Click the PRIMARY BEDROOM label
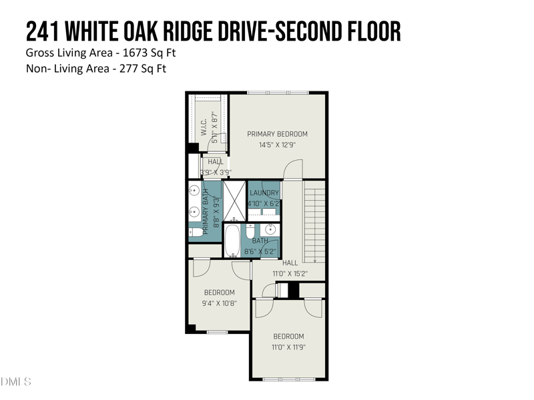[277, 134]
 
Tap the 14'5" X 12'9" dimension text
[277, 145]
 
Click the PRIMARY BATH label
[206, 209]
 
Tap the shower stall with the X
[234, 201]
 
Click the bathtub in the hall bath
[233, 241]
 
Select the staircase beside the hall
[314, 223]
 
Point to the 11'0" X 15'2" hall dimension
[290, 273]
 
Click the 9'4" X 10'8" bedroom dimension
[219, 303]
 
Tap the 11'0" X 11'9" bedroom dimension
[288, 347]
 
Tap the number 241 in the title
[43, 31]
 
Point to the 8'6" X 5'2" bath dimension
[260, 251]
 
